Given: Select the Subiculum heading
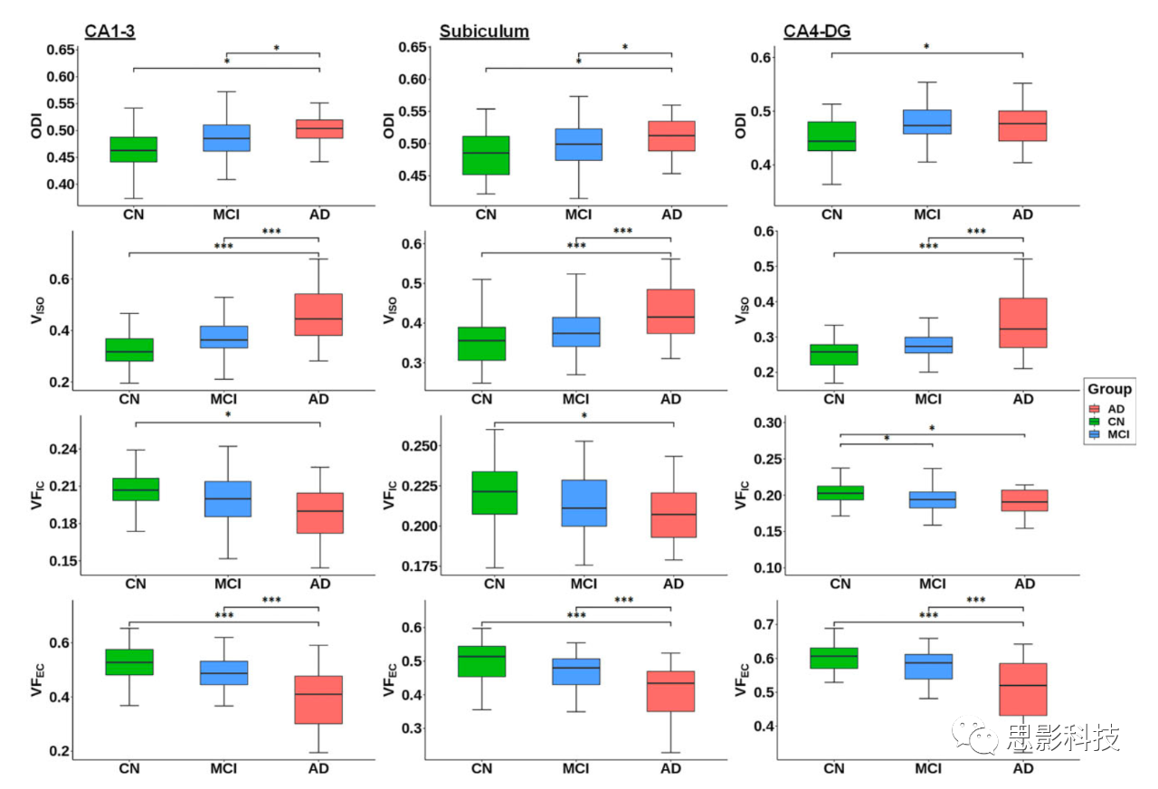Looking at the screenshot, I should [x=484, y=32].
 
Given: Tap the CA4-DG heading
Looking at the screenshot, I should [x=817, y=32].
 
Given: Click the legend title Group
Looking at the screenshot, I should [x=1109, y=389].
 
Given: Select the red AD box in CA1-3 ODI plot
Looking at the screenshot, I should [x=318, y=128].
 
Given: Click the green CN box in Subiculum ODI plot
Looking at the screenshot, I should [x=485, y=155].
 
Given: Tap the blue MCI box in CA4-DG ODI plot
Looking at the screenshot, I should [x=927, y=122].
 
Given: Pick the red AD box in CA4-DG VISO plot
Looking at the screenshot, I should [x=1022, y=322].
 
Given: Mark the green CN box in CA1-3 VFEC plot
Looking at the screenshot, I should [x=129, y=661].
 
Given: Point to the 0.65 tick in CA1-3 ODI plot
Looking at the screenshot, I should [x=62, y=49].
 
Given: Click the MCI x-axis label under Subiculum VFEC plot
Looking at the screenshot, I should [x=575, y=768].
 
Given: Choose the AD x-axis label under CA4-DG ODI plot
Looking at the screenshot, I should [x=1022, y=214].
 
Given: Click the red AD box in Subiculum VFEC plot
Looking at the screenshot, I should [x=670, y=691].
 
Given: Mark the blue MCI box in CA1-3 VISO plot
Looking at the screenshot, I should [x=224, y=337].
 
